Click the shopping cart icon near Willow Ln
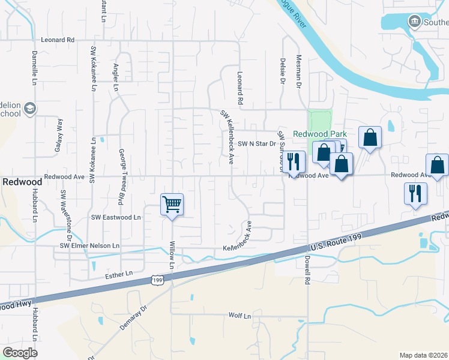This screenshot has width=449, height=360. [172, 205]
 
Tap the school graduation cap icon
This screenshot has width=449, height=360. [30, 109]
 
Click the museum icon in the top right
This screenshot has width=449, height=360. [414, 22]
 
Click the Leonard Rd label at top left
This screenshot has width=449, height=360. [57, 40]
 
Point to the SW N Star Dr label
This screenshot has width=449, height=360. [256, 143]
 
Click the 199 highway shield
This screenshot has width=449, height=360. [157, 280]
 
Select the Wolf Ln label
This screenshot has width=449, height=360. [239, 315]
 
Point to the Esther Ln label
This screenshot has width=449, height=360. [118, 274]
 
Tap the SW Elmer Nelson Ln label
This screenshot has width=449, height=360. [89, 246]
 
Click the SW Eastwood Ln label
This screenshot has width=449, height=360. [116, 217]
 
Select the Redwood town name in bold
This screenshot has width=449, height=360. [22, 181]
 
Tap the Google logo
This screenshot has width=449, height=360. [20, 352]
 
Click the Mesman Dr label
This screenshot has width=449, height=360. [298, 72]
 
